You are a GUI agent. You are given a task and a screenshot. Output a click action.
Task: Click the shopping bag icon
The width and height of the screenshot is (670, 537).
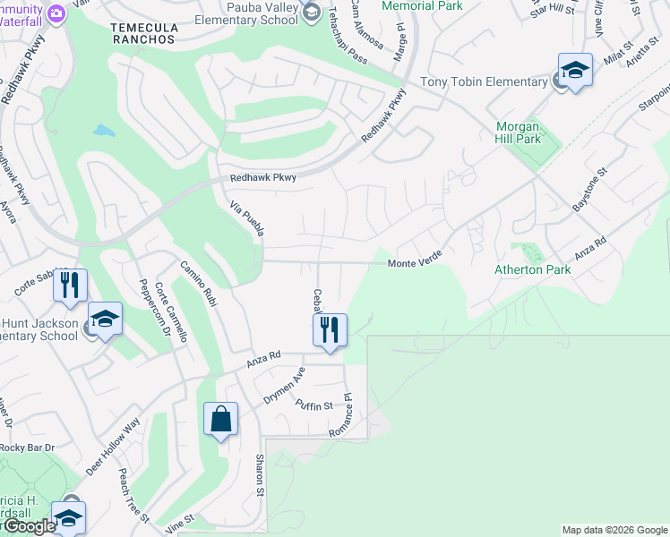point(220,419)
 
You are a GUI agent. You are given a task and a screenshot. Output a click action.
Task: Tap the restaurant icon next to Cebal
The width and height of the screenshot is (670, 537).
point(330,328)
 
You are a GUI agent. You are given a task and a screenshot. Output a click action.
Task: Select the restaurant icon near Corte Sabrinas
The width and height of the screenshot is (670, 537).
point(70,286)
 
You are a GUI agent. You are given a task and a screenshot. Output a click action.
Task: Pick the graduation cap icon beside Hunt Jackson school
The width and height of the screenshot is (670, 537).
point(105,320)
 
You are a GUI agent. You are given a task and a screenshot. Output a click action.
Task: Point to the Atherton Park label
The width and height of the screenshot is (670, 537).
point(532,268)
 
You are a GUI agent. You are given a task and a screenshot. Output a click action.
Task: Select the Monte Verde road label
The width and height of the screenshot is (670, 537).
point(417,263)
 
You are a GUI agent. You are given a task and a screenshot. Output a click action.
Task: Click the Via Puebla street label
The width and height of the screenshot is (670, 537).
point(247,219)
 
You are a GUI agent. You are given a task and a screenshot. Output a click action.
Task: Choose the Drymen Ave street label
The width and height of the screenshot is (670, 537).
point(284,384)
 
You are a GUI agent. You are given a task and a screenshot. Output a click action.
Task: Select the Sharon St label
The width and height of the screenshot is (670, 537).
point(260,474)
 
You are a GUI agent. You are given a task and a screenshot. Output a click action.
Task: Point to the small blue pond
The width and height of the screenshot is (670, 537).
point(104,132)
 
